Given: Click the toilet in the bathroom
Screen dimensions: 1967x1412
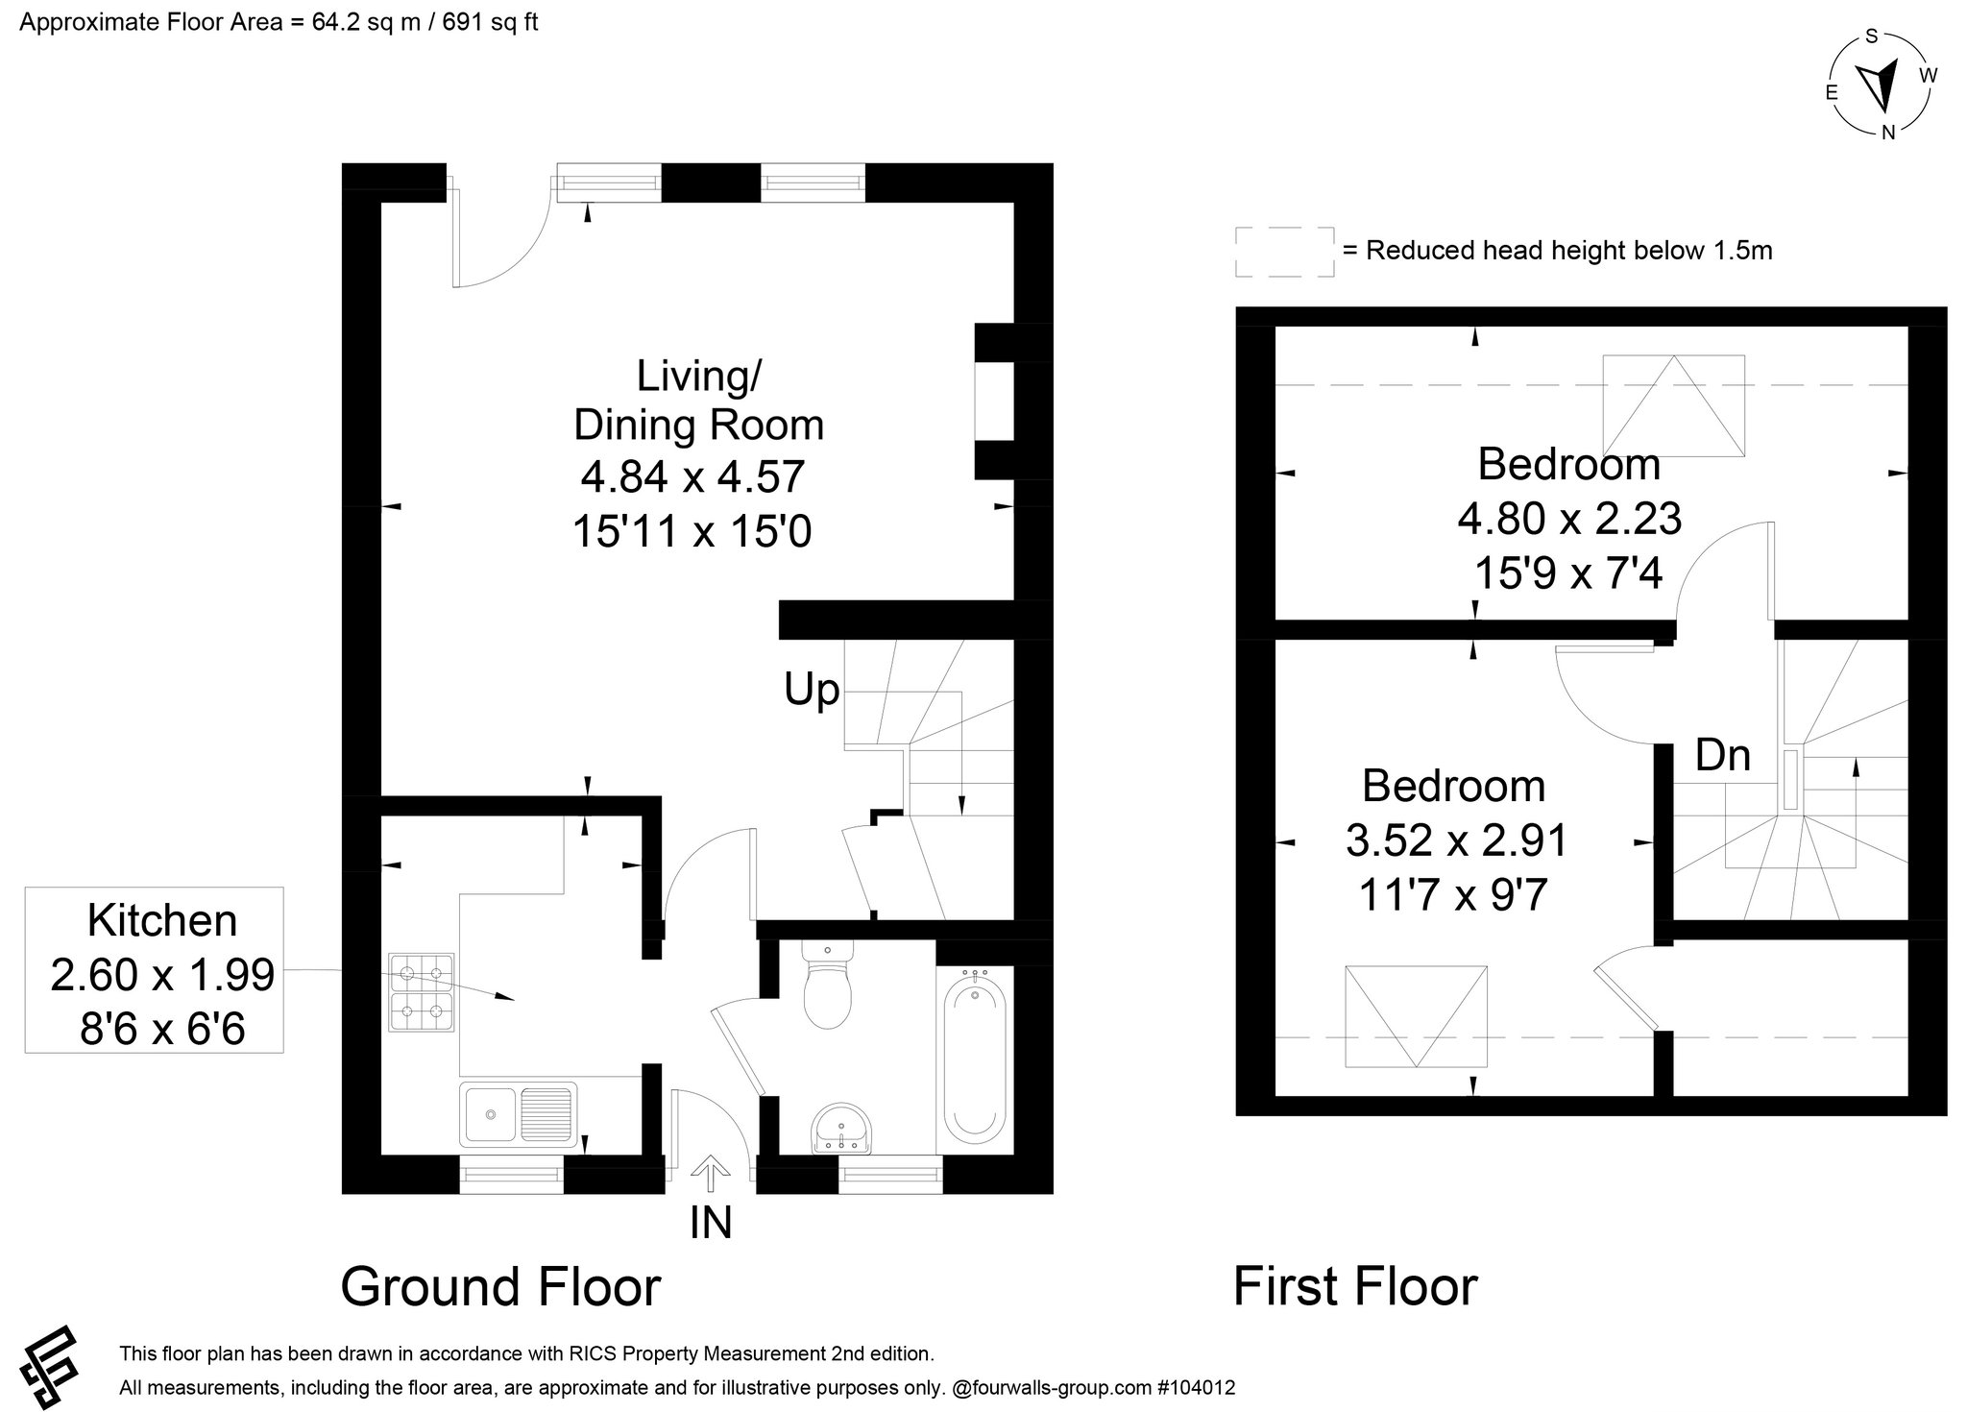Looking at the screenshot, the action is [826, 984].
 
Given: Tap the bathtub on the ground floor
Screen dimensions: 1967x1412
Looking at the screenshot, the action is [976, 1054].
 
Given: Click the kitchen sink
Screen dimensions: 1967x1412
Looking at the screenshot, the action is [519, 1114].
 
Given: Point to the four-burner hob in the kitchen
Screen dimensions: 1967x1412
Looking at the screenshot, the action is [422, 992].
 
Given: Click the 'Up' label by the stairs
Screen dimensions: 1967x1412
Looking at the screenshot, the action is [812, 690].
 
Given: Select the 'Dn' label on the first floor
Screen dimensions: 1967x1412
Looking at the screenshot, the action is [1723, 755].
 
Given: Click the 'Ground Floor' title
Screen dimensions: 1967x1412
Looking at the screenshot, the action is [500, 1287].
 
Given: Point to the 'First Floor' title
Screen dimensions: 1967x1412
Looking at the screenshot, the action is [1355, 1287].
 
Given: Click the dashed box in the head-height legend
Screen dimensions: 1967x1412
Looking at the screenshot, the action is [1284, 252].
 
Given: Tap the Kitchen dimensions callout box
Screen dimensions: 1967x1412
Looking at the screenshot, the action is [154, 970].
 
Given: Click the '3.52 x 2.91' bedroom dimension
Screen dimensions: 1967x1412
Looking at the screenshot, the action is [1456, 841].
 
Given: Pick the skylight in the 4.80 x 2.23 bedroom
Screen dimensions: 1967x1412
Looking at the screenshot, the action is [1674, 406].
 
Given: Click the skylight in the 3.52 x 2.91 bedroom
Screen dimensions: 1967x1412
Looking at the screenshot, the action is [1416, 1016].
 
